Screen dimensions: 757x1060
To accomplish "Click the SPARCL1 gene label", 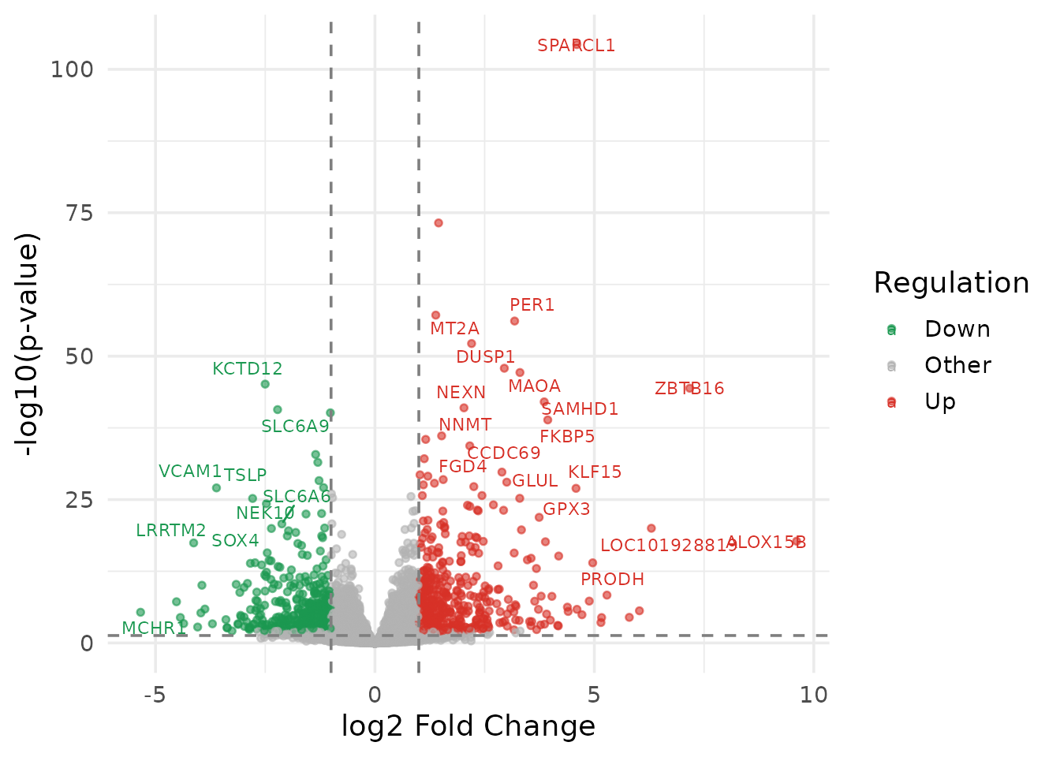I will point(576,46).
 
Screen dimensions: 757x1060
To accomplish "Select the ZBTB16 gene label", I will point(689,389).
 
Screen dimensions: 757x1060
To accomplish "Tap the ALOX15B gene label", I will point(766,543).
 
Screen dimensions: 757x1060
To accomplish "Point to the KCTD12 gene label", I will point(247,369).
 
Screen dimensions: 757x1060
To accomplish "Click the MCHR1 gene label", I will point(154,628).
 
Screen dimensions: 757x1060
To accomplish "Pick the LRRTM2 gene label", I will point(170,531).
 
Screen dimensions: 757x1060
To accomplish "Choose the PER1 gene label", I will point(532,305).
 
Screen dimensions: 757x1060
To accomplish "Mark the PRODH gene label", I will point(612,580).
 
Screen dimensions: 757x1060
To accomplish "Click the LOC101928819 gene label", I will point(669,546).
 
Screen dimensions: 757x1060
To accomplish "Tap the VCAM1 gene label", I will point(190,472).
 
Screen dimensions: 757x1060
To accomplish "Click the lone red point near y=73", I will point(439,223).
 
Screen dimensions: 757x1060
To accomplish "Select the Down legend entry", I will point(957,330).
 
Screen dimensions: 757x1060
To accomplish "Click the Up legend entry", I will point(940,402).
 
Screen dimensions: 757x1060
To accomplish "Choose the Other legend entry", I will point(957,366).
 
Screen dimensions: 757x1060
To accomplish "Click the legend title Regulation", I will point(951,283).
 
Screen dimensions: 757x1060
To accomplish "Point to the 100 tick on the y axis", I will point(72,69).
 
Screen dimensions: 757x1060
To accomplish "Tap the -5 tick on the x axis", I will point(155,695).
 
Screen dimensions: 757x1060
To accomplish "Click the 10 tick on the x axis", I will point(813,695).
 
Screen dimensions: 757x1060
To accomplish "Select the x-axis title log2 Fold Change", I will point(468,726).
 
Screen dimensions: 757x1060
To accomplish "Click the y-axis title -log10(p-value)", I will point(28,344).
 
